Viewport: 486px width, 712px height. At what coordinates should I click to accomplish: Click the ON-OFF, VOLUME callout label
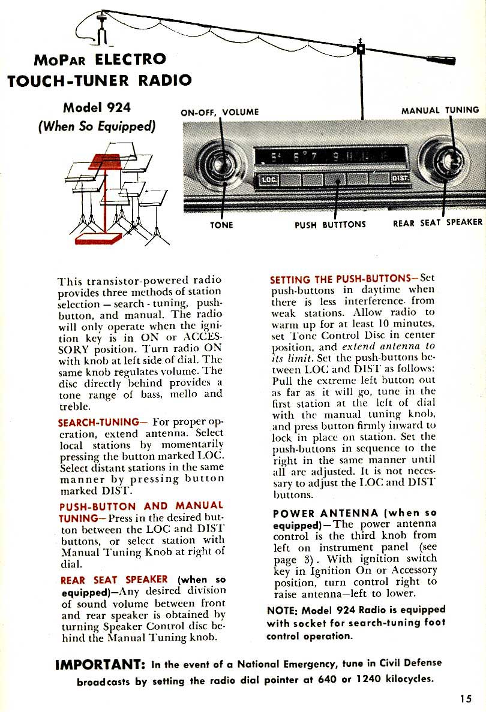pos(220,112)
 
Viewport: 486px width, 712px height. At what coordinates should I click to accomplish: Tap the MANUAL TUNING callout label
pos(440,110)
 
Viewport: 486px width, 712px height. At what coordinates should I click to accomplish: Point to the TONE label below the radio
pos(221,225)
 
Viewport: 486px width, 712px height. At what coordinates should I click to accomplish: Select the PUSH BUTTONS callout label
pos(330,225)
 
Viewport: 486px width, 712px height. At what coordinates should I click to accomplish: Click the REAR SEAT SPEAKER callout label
pos(437,222)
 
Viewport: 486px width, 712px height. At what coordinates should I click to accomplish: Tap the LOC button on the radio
pos(267,179)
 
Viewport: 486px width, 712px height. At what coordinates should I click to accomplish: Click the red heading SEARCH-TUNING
pos(98,422)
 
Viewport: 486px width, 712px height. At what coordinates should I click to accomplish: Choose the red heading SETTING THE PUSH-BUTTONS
pos(340,279)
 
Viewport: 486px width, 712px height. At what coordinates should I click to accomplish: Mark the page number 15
pos(466,698)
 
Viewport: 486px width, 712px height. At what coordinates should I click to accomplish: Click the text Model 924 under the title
pos(97,108)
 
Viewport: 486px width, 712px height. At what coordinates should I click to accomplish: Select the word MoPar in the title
pos(62,61)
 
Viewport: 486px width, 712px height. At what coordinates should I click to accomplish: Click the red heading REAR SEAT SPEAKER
pos(114,580)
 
